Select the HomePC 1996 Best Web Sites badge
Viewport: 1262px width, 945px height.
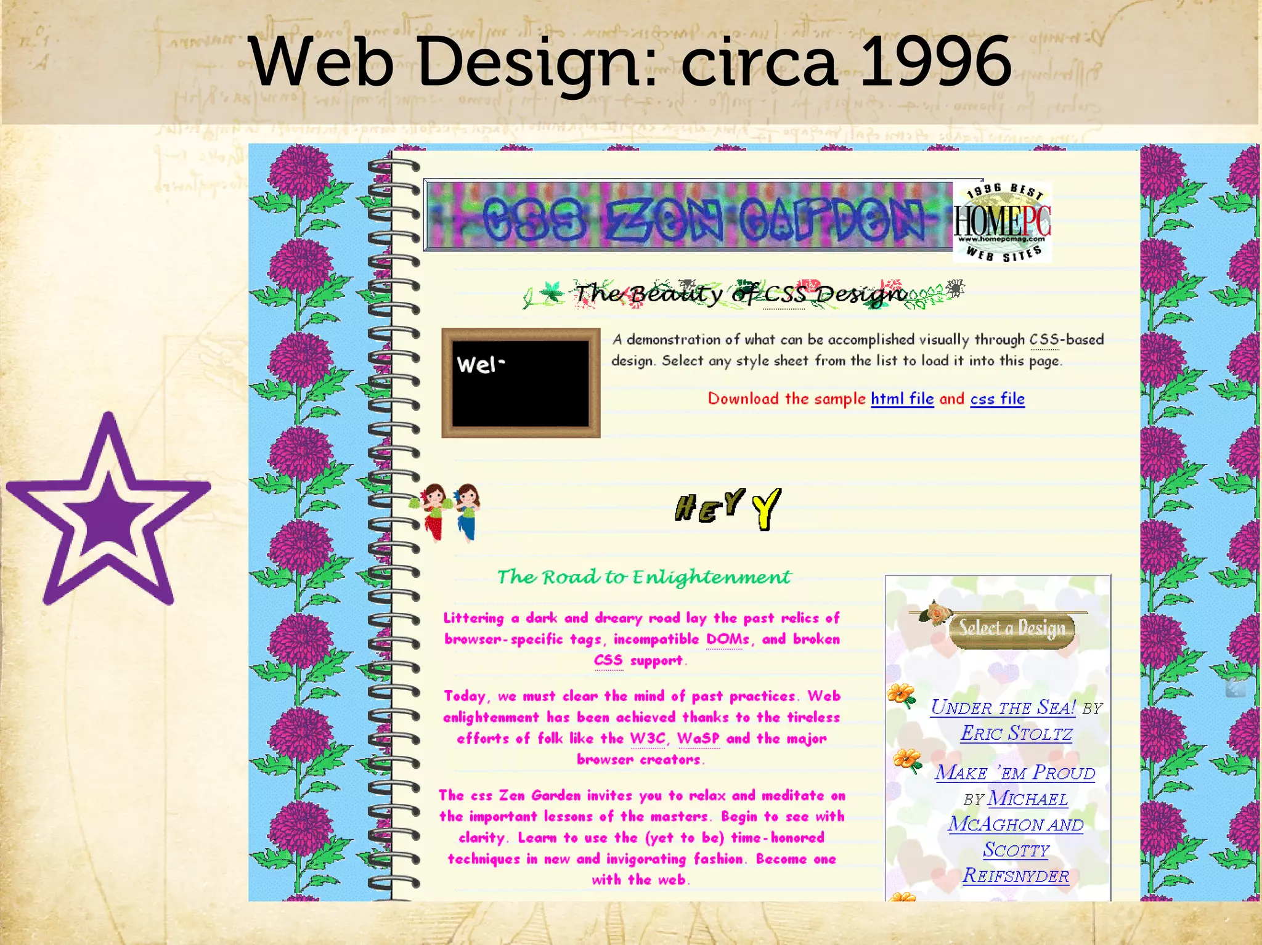(x=1002, y=222)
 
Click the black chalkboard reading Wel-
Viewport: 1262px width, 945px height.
(x=521, y=383)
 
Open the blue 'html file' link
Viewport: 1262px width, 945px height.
(x=902, y=399)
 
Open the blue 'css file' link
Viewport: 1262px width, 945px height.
(x=997, y=399)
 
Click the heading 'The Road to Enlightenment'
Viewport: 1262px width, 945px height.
(x=644, y=577)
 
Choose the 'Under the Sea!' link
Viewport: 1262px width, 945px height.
(x=1003, y=707)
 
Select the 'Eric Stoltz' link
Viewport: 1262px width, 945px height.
(x=1016, y=733)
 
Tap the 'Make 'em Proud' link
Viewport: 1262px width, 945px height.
(x=1015, y=773)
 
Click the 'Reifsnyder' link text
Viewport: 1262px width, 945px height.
(x=1016, y=875)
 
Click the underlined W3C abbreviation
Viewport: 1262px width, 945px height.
(x=648, y=738)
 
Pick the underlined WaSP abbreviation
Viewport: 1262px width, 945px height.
(x=698, y=738)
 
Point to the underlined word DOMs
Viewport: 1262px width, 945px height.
(x=728, y=639)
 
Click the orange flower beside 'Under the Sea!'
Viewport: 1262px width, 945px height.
(x=902, y=696)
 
